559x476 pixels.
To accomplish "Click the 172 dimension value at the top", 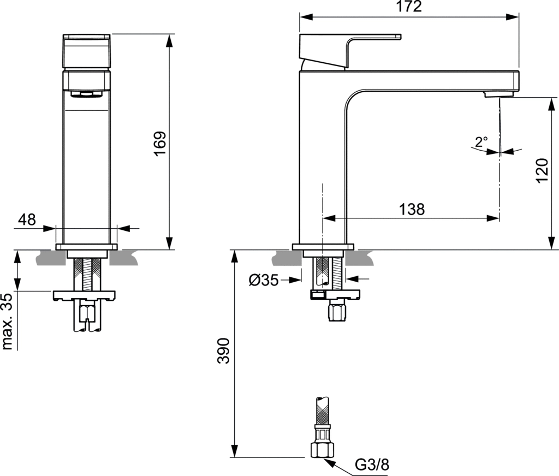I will tap(409, 7).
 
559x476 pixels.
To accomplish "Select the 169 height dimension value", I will tap(159, 144).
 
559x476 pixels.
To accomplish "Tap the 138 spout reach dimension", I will tap(412, 209).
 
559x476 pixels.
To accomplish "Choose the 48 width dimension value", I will tap(27, 219).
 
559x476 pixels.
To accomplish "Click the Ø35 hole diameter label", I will tap(264, 281).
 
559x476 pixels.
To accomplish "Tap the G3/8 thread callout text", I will tap(373, 465).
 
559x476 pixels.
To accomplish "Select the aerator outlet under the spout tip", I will tap(492, 96).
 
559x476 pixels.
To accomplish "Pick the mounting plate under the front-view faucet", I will tap(85, 295).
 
